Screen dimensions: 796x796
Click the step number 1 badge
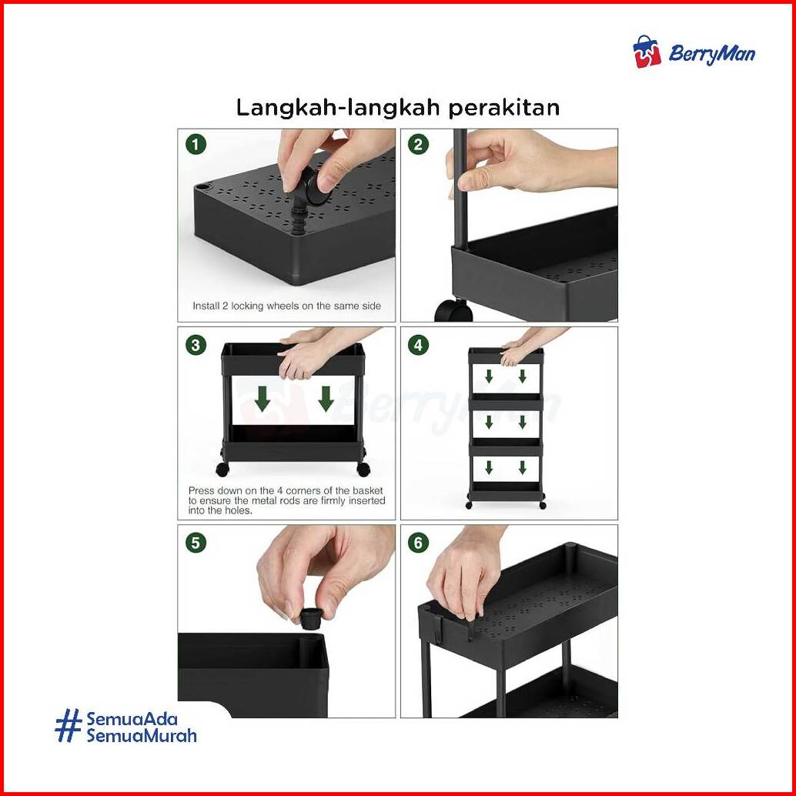click(196, 145)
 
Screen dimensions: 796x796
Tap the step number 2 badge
click(418, 145)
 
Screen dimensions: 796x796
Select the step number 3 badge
click(196, 345)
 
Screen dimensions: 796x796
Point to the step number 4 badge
click(418, 345)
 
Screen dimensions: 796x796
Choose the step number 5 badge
click(196, 543)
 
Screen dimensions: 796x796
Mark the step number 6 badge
click(418, 543)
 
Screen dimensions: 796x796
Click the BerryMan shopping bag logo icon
click(647, 52)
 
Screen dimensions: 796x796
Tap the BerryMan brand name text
click(712, 53)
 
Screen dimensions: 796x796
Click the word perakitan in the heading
click(504, 108)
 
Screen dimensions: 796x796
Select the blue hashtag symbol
click(69, 725)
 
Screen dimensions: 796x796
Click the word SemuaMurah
click(142, 735)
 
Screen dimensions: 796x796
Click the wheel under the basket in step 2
click(453, 309)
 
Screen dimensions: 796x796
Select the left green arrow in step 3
click(263, 399)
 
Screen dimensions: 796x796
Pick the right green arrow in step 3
click(326, 399)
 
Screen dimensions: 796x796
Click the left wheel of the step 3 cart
click(222, 470)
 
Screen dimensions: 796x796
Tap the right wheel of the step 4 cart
click(542, 505)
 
